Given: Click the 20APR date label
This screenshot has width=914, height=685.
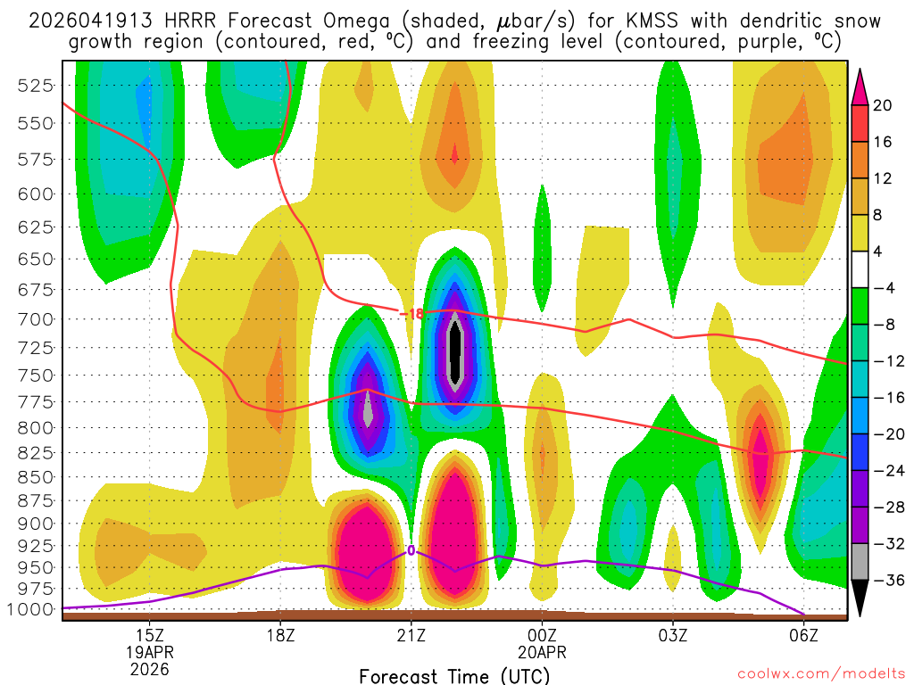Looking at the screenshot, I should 542,651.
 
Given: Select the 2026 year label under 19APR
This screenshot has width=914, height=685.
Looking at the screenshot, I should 149,668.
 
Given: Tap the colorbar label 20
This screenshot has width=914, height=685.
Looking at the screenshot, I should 882,105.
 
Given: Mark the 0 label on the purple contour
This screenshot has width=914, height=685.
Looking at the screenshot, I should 411,550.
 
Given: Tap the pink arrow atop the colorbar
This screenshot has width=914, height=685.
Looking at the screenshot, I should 861,86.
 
